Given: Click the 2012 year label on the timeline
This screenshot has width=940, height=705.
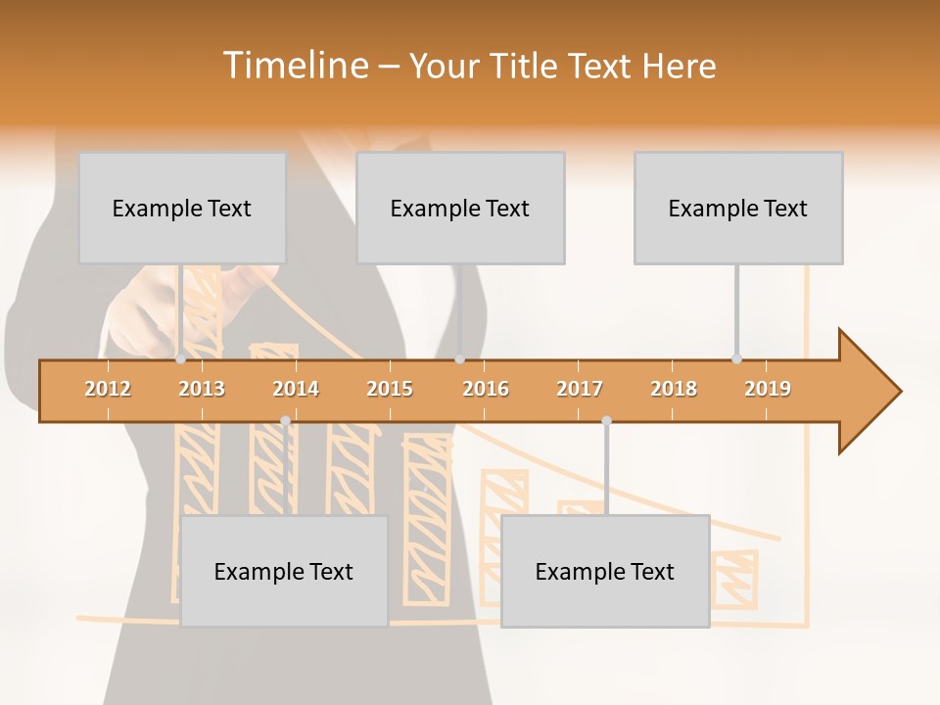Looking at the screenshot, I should pyautogui.click(x=108, y=389).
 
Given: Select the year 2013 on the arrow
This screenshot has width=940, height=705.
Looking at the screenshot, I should pyautogui.click(x=202, y=389).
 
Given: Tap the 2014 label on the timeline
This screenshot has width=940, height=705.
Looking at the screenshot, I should pyautogui.click(x=296, y=389).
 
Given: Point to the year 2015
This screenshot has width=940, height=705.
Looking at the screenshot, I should pyautogui.click(x=390, y=389).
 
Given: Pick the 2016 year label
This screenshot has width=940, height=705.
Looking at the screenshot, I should pyautogui.click(x=486, y=389).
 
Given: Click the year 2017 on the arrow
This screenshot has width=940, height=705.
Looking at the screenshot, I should pyautogui.click(x=580, y=389).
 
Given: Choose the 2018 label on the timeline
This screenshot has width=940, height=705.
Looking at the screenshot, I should pyautogui.click(x=674, y=389).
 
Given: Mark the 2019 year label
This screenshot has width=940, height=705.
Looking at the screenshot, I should pyautogui.click(x=768, y=389).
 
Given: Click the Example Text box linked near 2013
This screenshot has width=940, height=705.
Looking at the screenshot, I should pyautogui.click(x=182, y=208).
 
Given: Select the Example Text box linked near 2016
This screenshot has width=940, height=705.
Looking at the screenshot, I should pyautogui.click(x=460, y=208).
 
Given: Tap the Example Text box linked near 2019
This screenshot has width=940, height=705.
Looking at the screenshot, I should pyautogui.click(x=738, y=208).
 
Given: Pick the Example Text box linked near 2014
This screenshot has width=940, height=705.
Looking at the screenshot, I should pyautogui.click(x=284, y=571).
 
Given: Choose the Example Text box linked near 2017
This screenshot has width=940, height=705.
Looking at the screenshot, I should pyautogui.click(x=605, y=571).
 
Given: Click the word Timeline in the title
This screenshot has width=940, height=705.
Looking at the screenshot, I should pyautogui.click(x=293, y=66).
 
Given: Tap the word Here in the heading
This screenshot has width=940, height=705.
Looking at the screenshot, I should pyautogui.click(x=679, y=66).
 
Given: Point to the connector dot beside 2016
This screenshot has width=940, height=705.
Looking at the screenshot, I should pyautogui.click(x=460, y=359).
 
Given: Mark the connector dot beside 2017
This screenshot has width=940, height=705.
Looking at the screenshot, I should pyautogui.click(x=606, y=420).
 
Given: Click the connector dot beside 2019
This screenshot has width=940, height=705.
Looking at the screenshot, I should pyautogui.click(x=737, y=358).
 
